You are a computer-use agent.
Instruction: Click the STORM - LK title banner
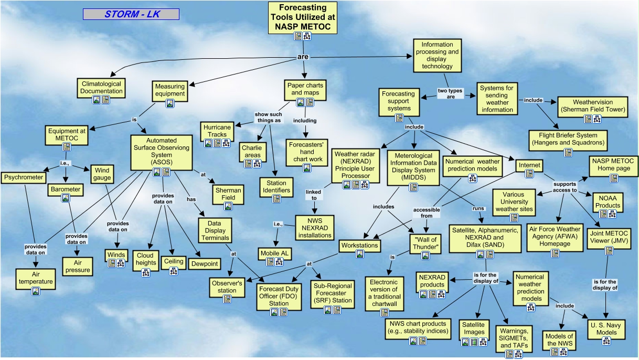(131, 14)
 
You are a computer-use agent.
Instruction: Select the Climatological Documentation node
(101, 87)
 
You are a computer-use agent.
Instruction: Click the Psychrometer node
(24, 177)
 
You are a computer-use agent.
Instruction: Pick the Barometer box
(66, 189)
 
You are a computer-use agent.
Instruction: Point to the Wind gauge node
(102, 174)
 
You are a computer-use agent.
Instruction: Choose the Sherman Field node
(228, 194)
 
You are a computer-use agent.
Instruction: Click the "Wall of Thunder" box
(425, 242)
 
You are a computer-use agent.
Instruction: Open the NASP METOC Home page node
(613, 164)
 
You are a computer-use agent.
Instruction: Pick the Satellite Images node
(473, 328)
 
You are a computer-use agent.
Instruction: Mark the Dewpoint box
(205, 263)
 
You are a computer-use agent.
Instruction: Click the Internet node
(529, 165)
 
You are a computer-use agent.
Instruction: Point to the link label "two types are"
(450, 94)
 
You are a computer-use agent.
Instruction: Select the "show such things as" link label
(268, 117)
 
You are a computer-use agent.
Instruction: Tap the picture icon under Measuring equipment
(170, 103)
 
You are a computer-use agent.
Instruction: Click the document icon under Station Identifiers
(276, 199)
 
